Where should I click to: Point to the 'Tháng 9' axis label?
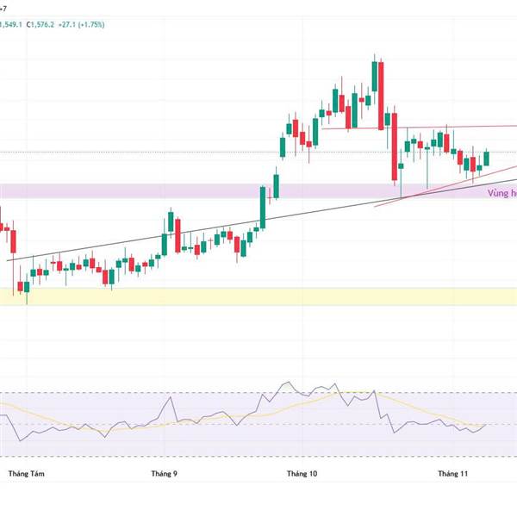(x=164, y=474)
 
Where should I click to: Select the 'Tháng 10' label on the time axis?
(x=302, y=474)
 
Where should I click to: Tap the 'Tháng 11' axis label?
(x=452, y=474)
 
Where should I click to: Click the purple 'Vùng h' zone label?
(x=501, y=195)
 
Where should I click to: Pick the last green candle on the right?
(x=487, y=159)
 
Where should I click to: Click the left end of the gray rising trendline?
(x=8, y=260)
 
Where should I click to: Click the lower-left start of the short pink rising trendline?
(x=376, y=208)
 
